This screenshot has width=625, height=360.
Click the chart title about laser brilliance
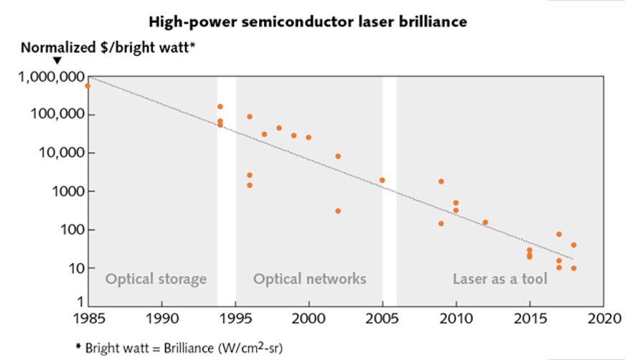coord(308,22)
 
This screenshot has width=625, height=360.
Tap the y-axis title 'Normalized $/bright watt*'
coord(108,48)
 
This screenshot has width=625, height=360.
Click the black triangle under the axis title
coord(58,60)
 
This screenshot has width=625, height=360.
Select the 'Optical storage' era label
coord(156,279)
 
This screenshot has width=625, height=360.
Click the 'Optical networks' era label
coord(309,279)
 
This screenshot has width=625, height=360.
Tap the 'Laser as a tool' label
coord(499,279)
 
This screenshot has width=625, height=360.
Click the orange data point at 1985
coord(88,86)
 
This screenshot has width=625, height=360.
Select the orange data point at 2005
coord(382,180)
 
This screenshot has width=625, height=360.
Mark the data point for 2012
coord(485,222)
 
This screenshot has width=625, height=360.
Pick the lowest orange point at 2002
coord(338,211)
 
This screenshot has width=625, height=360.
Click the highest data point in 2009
coord(441,181)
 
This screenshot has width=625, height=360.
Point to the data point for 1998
coord(279,128)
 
